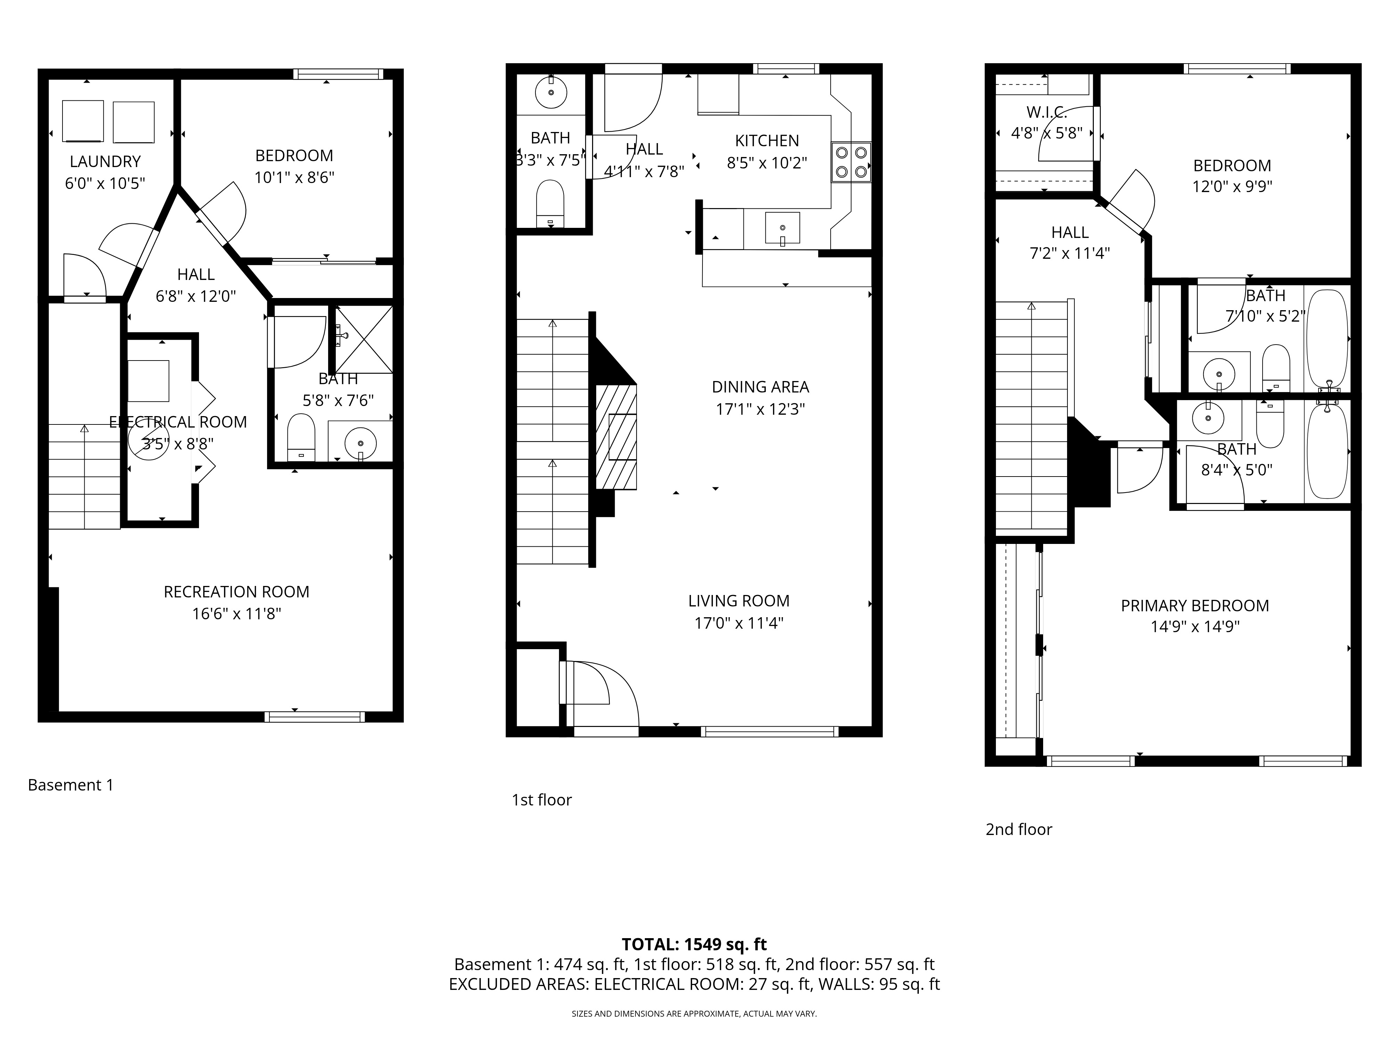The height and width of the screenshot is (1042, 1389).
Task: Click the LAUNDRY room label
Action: click(x=105, y=162)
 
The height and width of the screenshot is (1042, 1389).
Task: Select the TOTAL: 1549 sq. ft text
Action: click(x=694, y=944)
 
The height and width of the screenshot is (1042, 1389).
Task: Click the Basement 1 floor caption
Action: click(x=70, y=785)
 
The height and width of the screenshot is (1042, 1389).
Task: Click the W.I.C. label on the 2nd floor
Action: click(x=1046, y=113)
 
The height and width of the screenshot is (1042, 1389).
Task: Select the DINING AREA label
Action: click(x=760, y=387)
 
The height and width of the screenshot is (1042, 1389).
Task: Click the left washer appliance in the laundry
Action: click(x=83, y=121)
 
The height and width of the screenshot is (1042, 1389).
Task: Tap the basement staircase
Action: click(x=84, y=476)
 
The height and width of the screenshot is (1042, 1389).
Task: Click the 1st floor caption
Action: click(x=541, y=800)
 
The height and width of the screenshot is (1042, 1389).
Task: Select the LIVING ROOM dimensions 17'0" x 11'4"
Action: click(x=739, y=623)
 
